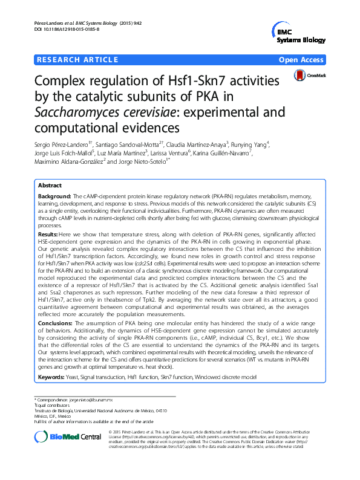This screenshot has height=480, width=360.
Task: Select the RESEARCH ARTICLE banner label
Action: coord(77,60)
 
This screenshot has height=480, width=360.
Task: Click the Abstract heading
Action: coord(50,186)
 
